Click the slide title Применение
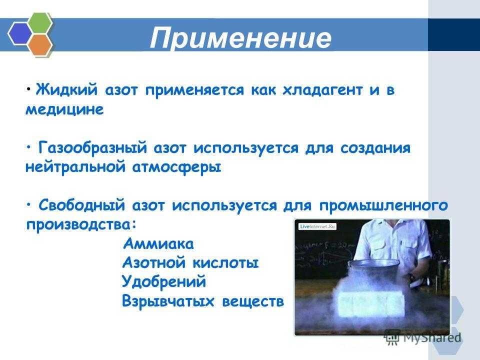tap(240, 38)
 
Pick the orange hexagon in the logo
tap(40, 44)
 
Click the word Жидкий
tap(67, 89)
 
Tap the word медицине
tap(64, 109)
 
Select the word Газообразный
tap(93, 148)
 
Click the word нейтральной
tap(74, 167)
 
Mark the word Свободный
tap(81, 205)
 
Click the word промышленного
tap(383, 205)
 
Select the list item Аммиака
tap(158, 244)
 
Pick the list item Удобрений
tap(164, 282)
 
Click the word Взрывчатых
tap(168, 301)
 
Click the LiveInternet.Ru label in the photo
tap(317, 226)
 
